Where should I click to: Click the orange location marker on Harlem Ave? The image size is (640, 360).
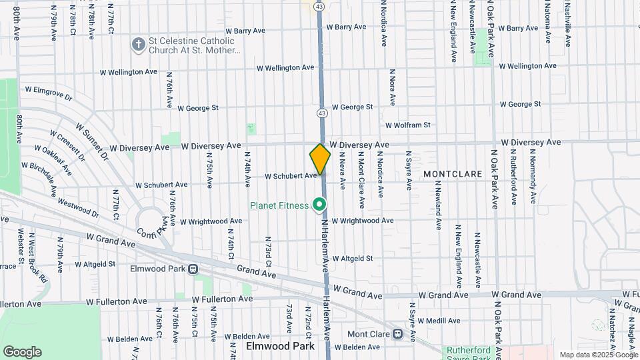tap(320, 159)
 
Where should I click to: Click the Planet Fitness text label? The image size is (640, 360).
tap(279, 205)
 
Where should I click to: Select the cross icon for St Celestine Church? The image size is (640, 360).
tap(139, 45)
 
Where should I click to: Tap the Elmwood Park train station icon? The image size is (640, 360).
tap(193, 270)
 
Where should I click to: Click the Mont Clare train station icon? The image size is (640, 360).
tap(397, 333)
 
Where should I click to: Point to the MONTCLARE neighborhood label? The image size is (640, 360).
tap(453, 174)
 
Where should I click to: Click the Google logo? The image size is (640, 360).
tap(22, 351)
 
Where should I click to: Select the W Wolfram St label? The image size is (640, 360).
tap(407, 125)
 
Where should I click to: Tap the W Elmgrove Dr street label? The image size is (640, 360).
tap(48, 93)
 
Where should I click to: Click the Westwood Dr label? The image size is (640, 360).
tap(78, 207)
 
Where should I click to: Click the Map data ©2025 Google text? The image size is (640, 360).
tap(597, 355)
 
